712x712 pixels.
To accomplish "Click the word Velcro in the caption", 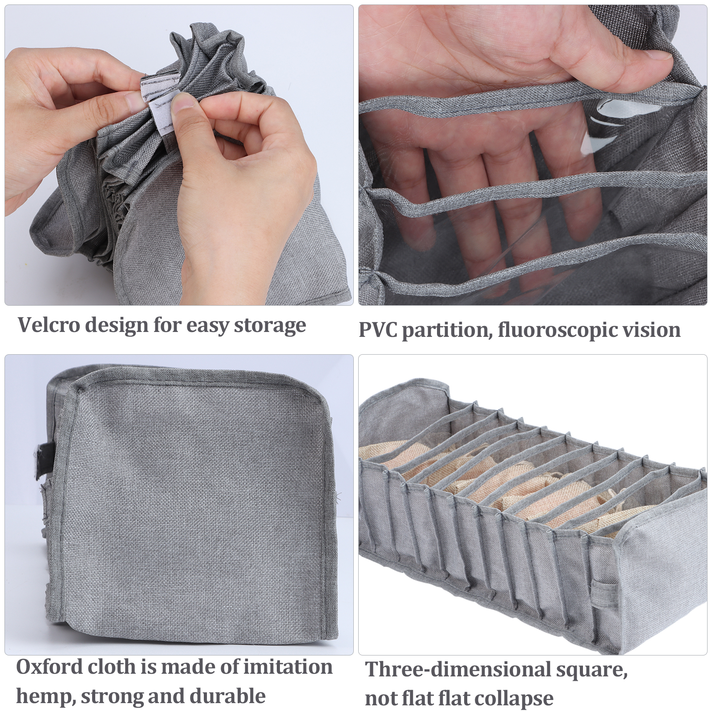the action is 49,325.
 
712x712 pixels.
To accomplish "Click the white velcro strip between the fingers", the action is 159,102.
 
